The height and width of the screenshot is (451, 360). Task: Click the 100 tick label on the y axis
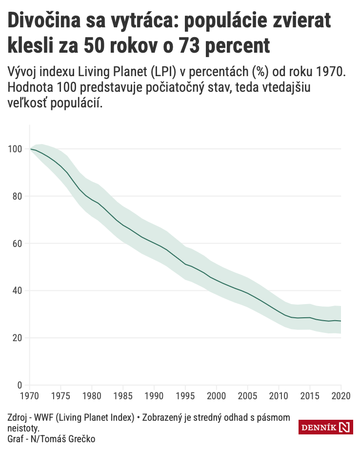[16, 149]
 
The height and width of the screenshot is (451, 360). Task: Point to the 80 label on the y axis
[18, 196]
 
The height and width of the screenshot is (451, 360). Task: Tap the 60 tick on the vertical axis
[18, 244]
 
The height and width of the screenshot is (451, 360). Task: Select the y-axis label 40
[18, 291]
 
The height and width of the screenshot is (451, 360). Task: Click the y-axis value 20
[18, 338]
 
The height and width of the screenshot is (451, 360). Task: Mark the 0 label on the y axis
[20, 385]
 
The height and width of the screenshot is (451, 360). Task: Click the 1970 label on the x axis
[30, 396]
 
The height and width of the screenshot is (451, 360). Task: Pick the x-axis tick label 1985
[123, 396]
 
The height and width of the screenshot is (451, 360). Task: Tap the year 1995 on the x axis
[185, 396]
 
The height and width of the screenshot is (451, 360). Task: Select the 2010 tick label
[279, 396]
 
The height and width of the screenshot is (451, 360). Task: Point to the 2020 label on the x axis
[340, 396]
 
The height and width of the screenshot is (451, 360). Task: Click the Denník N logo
[325, 427]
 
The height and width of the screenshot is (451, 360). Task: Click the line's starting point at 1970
[31, 149]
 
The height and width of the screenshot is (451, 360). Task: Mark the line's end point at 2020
[340, 321]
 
